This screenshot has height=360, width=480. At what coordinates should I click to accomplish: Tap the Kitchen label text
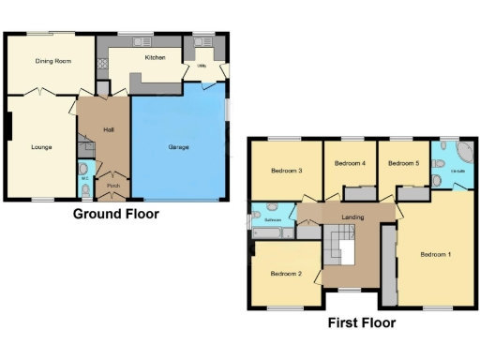tap(155, 58)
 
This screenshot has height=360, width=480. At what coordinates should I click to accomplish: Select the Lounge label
tap(40, 147)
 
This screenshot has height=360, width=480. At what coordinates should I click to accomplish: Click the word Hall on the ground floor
tap(109, 129)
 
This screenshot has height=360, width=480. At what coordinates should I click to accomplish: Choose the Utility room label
tap(202, 67)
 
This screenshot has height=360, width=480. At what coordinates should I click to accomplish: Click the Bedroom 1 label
tap(436, 255)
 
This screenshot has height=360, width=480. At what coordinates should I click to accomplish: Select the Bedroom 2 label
tap(286, 274)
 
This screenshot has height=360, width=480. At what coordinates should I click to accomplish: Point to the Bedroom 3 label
tap(286, 172)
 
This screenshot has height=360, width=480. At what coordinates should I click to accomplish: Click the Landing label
tap(352, 218)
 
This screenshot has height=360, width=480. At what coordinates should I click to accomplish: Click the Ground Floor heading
tap(116, 214)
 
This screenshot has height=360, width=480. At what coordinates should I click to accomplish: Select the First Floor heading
tap(361, 323)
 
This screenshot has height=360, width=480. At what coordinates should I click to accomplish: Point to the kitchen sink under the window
tap(142, 42)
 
